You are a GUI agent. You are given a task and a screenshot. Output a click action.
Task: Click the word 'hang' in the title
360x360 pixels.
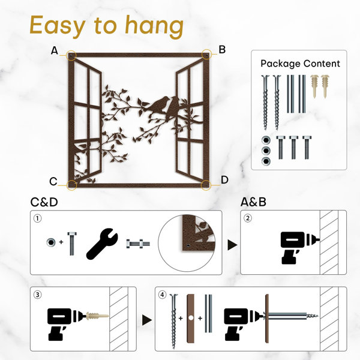click(x=154, y=26)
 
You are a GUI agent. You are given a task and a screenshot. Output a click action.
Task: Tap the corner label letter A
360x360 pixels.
click(x=55, y=50)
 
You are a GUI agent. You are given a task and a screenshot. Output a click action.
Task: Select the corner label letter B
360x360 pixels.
click(x=222, y=50)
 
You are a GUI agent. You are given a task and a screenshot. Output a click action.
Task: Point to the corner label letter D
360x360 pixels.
click(x=224, y=180)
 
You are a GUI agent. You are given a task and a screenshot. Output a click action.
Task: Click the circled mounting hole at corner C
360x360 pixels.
click(x=71, y=185)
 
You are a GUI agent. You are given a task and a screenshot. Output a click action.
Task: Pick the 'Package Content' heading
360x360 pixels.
click(x=300, y=64)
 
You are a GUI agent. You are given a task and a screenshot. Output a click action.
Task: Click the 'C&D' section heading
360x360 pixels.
click(x=44, y=202)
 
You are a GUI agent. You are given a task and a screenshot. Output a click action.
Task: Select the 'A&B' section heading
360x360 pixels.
click(x=253, y=202)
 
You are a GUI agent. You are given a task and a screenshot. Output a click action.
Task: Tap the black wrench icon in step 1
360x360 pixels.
click(x=102, y=244)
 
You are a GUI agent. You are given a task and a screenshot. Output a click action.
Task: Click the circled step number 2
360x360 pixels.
click(x=247, y=218)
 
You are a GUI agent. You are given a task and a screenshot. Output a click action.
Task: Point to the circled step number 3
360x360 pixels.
click(x=38, y=295)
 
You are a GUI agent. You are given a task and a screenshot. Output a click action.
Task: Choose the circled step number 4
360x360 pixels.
click(x=163, y=295)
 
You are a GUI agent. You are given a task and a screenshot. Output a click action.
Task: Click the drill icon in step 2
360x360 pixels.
click(x=298, y=248)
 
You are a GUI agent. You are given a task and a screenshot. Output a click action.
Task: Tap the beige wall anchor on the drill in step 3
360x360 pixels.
click(x=97, y=316)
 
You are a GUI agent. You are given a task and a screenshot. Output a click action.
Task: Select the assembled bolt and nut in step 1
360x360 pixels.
click(x=138, y=244)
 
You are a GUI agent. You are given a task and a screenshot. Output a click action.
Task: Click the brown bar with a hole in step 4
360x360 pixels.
click(x=191, y=318)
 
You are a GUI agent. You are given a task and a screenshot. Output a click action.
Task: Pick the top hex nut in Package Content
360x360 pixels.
click(x=266, y=140)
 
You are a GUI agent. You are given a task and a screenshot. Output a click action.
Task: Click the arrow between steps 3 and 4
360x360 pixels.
click(x=147, y=320)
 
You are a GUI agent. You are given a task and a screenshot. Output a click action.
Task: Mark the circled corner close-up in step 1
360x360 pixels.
click(x=187, y=243)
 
